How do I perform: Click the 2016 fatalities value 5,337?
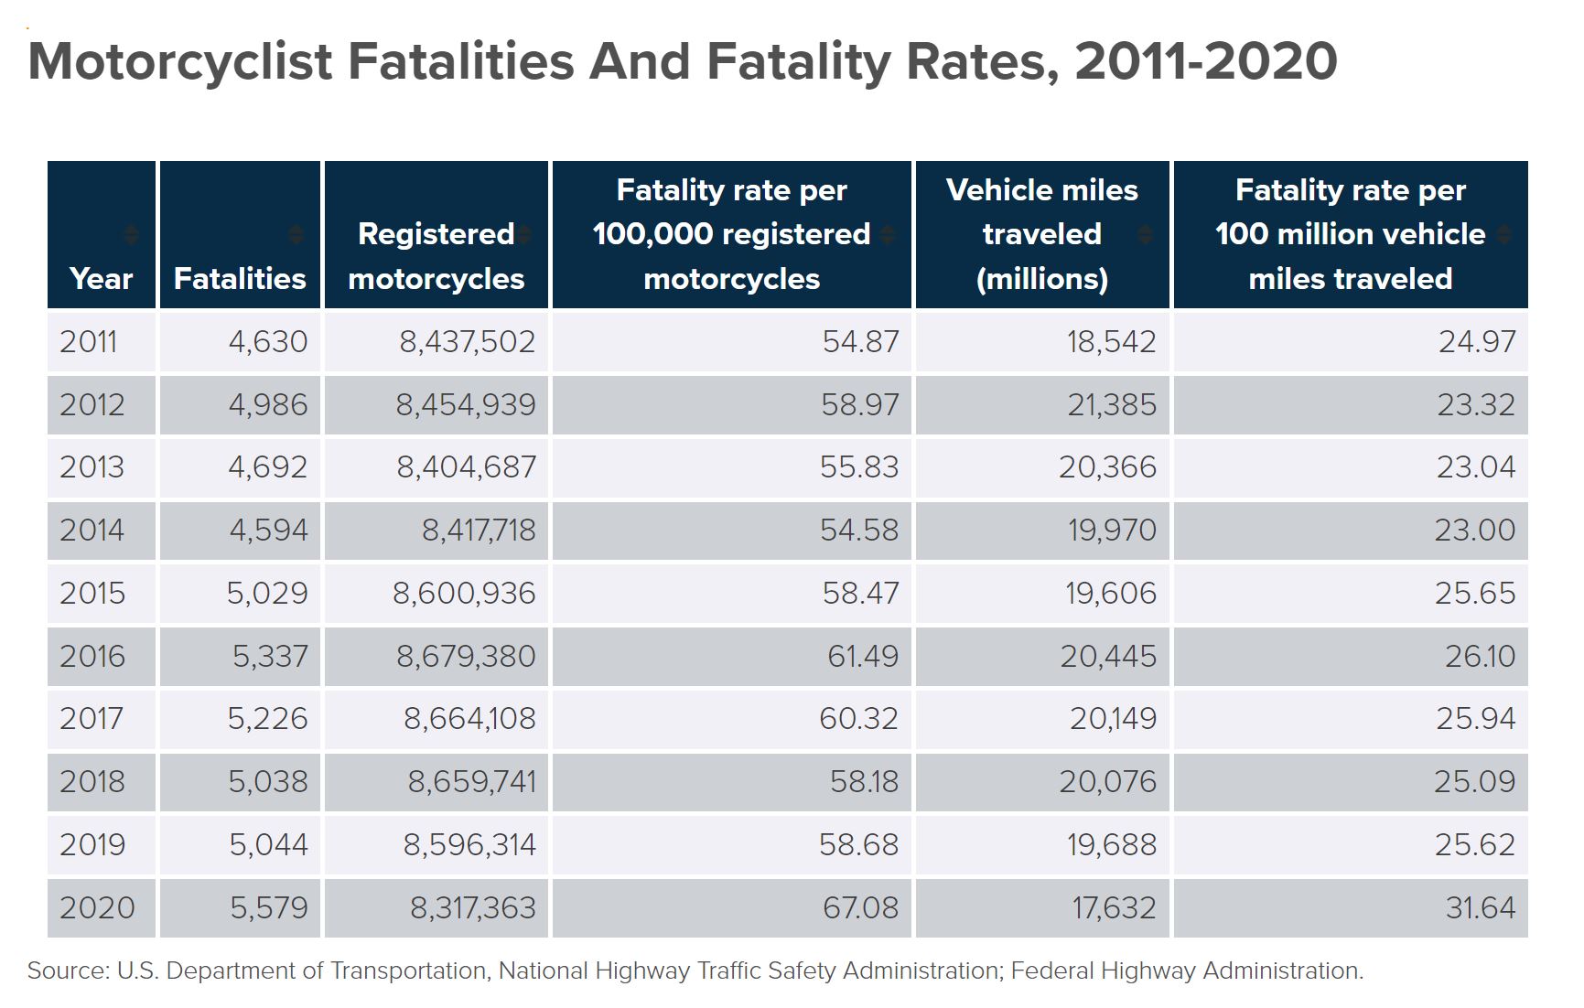(270, 656)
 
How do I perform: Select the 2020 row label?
(97, 907)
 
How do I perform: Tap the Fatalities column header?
(240, 278)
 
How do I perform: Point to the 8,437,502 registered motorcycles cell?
(467, 342)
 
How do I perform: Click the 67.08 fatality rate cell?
(860, 907)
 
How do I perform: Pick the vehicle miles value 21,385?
(1112, 404)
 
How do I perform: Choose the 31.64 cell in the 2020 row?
(1481, 907)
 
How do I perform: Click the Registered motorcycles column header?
(436, 256)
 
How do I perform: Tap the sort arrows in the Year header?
(132, 234)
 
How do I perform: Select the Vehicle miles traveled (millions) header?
(1041, 234)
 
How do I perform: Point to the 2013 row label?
(92, 467)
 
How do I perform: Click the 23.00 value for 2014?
(1474, 531)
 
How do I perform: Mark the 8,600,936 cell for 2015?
(464, 594)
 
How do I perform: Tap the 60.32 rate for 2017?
(858, 719)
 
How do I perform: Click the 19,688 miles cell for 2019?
(1111, 844)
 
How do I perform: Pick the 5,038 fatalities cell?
(268, 782)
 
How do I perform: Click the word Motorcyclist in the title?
(180, 61)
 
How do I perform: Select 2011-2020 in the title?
(1206, 61)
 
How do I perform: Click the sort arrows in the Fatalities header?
(296, 234)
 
